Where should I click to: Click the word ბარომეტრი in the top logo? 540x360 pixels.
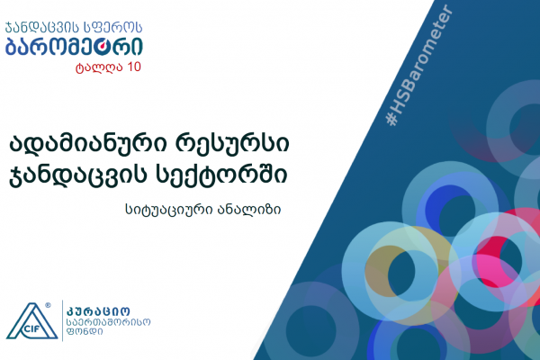pyautogui.click(x=74, y=47)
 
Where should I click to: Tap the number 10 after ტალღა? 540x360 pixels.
pyautogui.click(x=134, y=67)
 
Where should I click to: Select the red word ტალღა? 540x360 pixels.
pyautogui.click(x=99, y=67)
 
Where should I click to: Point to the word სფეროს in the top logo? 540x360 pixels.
pyautogui.click(x=113, y=28)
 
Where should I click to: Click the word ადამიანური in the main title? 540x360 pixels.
pyautogui.click(x=87, y=143)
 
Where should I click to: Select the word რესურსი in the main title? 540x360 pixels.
pyautogui.click(x=232, y=143)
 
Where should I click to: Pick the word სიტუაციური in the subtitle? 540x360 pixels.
pyautogui.click(x=169, y=209)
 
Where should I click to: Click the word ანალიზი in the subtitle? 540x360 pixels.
pyautogui.click(x=249, y=209)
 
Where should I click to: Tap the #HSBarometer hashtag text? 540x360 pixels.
pyautogui.click(x=419, y=65)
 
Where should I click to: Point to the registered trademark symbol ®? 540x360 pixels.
pyautogui.click(x=48, y=305)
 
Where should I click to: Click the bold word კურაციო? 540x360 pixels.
pyautogui.click(x=98, y=311)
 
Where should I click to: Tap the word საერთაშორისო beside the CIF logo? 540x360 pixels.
pyautogui.click(x=109, y=322)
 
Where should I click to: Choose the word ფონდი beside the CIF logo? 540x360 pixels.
pyautogui.click(x=85, y=332)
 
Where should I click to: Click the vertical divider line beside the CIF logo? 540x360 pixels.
pyautogui.click(x=62, y=320)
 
